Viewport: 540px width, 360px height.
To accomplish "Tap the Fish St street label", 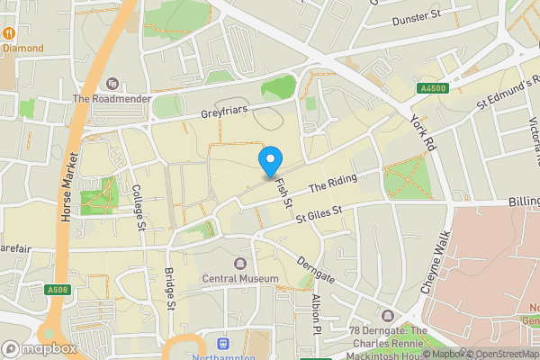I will click(x=283, y=190).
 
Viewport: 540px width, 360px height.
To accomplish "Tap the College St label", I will click(x=138, y=207).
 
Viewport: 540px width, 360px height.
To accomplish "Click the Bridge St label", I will click(x=170, y=287).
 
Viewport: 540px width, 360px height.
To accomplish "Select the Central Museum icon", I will click(x=240, y=264).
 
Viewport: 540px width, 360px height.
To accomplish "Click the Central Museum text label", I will click(x=240, y=279).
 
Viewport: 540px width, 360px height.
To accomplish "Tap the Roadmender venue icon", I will click(x=112, y=84).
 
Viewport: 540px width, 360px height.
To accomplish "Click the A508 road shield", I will click(x=57, y=290).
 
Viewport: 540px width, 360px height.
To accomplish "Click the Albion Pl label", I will click(x=315, y=310).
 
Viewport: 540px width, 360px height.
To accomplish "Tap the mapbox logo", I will click(x=39, y=348).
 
